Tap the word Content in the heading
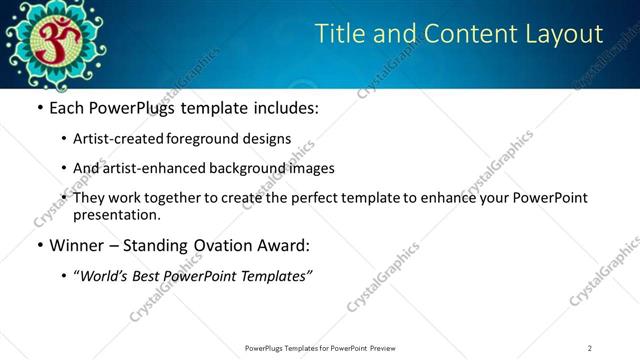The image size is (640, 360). (x=466, y=34)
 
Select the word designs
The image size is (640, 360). (x=269, y=139)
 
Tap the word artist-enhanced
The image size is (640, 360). (x=156, y=168)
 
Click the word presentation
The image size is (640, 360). (x=116, y=214)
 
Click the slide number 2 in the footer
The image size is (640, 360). (x=590, y=348)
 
